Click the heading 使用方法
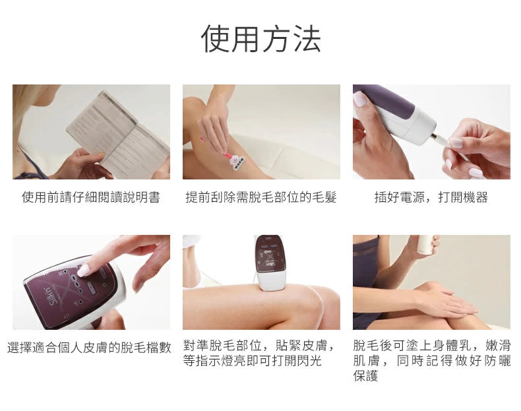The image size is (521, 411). point(261,38)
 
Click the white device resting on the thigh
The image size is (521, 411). point(270,263)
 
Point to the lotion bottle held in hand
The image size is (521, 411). point(425,244)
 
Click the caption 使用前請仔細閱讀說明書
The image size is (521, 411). point(91,197)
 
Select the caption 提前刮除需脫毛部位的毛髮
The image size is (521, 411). point(261,197)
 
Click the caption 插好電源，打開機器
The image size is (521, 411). point(431,197)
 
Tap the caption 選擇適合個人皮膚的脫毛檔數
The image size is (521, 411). point(90,348)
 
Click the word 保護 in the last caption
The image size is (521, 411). point(365,376)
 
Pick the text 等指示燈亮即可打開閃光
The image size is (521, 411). point(252,360)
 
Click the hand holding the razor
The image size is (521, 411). point(215,131)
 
